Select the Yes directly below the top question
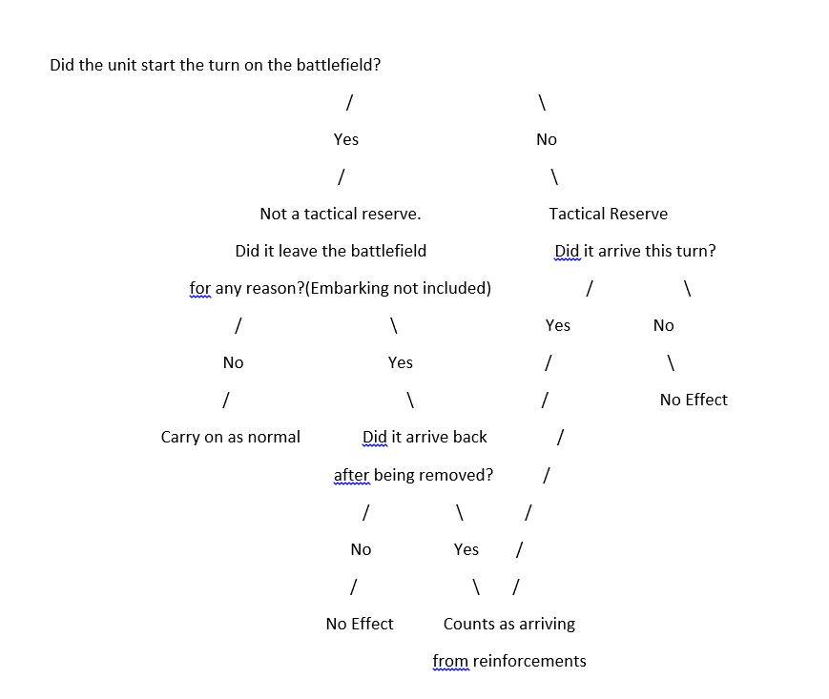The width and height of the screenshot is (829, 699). [x=346, y=139]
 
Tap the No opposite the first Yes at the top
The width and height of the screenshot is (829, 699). [x=547, y=139]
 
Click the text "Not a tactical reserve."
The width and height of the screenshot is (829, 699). [x=341, y=214]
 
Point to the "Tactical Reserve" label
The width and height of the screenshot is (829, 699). [x=609, y=214]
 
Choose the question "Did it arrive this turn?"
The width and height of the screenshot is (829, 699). [x=635, y=251]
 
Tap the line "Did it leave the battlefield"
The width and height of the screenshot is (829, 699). [x=331, y=251]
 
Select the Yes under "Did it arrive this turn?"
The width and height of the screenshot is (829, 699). [x=558, y=325]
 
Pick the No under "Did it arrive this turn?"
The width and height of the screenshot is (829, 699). [x=664, y=325]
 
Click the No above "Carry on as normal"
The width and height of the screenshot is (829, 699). [x=233, y=363]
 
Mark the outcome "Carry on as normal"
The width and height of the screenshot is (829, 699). [x=231, y=438]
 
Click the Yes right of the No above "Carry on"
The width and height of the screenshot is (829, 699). [x=401, y=363]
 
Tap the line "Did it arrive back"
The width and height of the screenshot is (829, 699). [x=425, y=438]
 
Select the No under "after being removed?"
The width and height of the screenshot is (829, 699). [x=362, y=550]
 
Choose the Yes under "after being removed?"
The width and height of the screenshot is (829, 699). [x=466, y=550]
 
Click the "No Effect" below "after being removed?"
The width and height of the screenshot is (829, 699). [x=360, y=624]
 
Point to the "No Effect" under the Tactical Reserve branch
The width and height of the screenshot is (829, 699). [x=694, y=400]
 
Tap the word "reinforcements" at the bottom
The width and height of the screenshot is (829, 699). [x=529, y=662]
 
